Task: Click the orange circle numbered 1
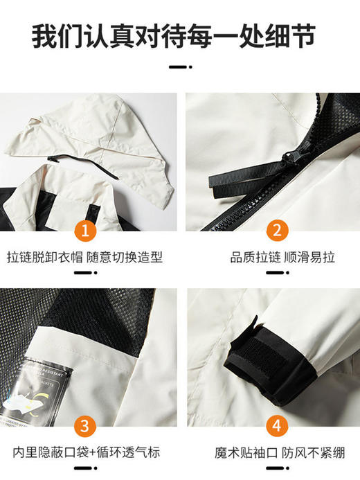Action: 86,229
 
